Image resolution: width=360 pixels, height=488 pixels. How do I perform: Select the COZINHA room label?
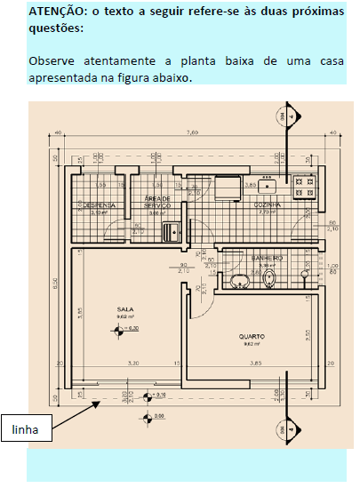[268, 205]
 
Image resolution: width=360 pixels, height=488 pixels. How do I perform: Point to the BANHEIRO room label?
[266, 259]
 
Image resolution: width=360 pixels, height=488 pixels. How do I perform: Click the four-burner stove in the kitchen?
[305, 186]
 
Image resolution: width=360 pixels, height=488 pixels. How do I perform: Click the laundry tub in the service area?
[171, 232]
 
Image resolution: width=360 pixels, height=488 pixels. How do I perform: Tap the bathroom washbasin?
[239, 282]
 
